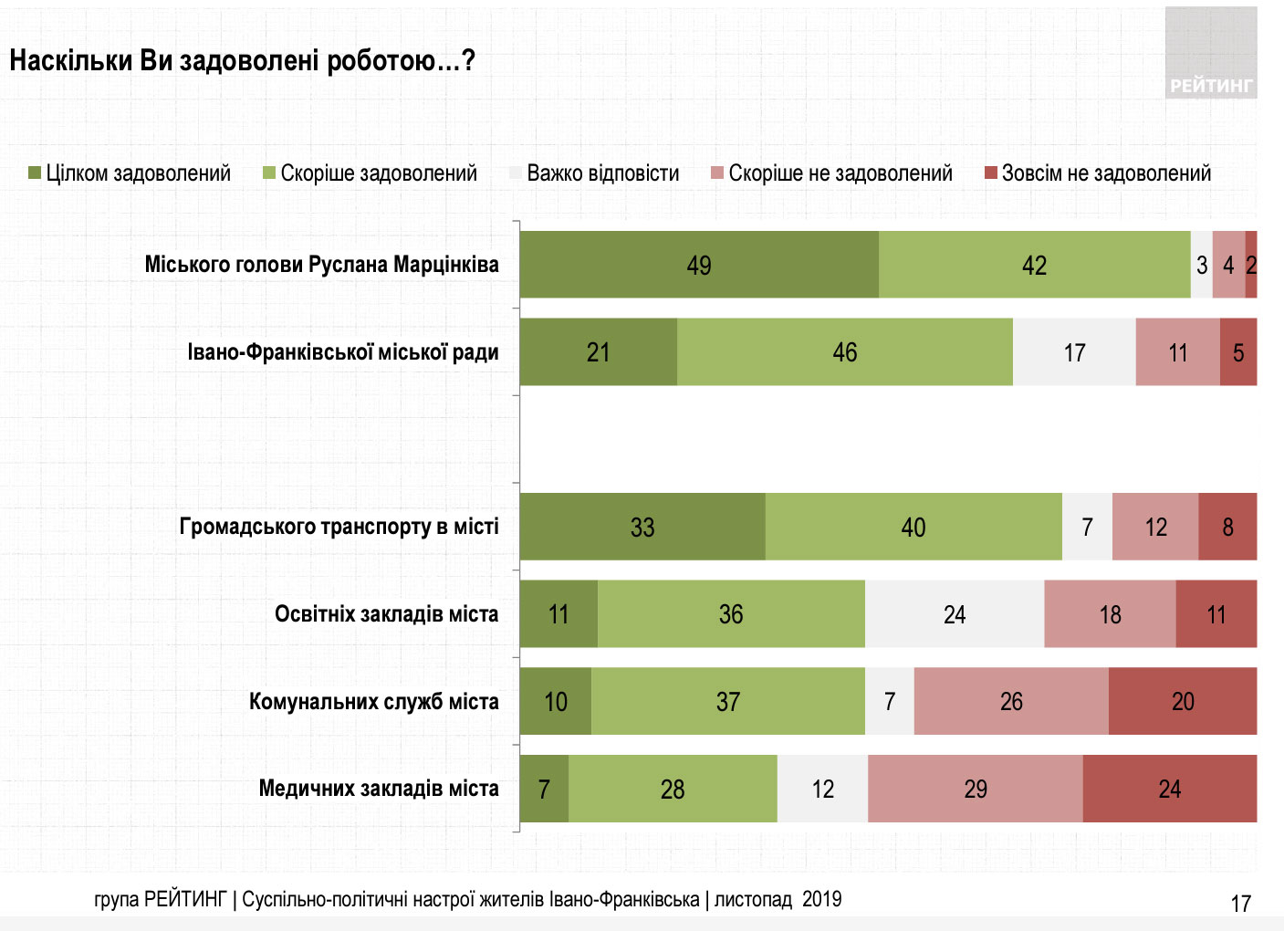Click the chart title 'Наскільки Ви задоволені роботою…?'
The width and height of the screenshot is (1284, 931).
tap(242, 61)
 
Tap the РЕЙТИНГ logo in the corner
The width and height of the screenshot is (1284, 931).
tap(1211, 54)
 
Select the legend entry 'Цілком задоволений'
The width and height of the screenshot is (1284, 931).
tap(130, 173)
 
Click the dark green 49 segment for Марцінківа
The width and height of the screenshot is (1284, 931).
tap(699, 265)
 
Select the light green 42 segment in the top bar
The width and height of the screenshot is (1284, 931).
tap(1034, 265)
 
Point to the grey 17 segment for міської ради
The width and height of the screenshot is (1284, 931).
tap(1074, 352)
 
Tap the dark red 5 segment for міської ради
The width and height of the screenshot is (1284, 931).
tap(1238, 352)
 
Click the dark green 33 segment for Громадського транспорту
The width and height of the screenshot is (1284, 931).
tap(642, 527)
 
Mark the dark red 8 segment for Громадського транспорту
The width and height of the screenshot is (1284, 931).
tap(1227, 527)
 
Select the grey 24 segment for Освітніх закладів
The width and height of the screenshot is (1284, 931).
tap(955, 614)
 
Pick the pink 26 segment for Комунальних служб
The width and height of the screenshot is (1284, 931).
tap(1011, 701)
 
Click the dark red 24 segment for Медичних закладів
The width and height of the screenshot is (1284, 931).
tap(1170, 789)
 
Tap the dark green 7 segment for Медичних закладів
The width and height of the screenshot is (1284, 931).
tap(544, 789)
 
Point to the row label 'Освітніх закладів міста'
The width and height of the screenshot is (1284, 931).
tap(386, 614)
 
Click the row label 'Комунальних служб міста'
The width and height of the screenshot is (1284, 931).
tap(373, 702)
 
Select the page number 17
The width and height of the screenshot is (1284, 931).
tap(1241, 904)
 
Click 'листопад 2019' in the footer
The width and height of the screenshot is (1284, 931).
tap(778, 900)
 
